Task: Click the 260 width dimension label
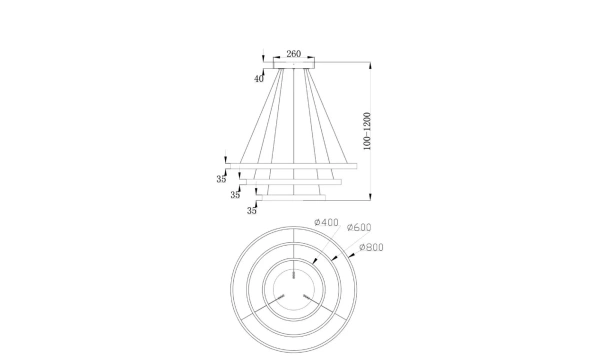[293, 54]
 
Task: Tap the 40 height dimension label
[259, 79]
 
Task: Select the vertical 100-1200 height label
[367, 131]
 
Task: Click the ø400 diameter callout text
[326, 222]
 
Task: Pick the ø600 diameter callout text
[359, 227]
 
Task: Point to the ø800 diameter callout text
[371, 247]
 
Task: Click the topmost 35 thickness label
[221, 179]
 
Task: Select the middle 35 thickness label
[235, 195]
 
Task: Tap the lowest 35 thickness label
[251, 210]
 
